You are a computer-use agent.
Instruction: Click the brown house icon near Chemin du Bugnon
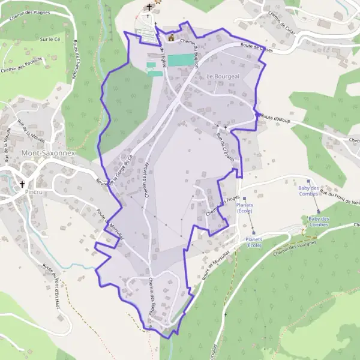point(171,37)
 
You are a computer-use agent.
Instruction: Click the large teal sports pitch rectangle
point(181,60)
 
